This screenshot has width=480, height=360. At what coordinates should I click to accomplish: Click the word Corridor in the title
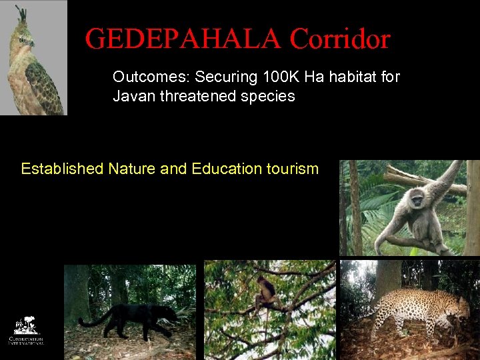[x=339, y=39]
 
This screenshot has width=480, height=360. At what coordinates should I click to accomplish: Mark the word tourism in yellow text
[x=292, y=169]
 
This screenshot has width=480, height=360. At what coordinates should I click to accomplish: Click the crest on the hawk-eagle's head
[x=21, y=14]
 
